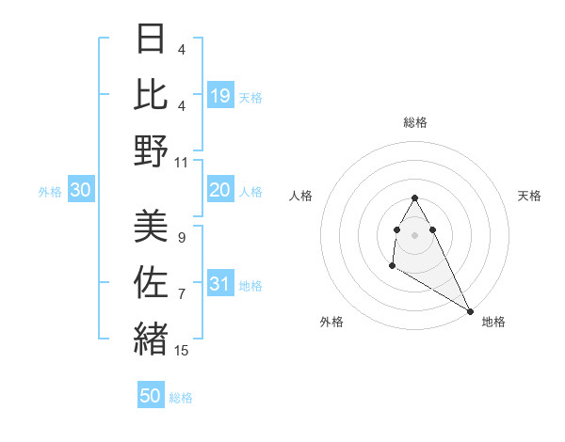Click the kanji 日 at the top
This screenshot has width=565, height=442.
point(151,40)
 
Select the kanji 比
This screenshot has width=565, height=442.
point(151,95)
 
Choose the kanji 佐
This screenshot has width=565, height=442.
point(151,281)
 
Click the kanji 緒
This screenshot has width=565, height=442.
point(151,337)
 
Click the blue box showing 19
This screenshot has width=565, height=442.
point(220,95)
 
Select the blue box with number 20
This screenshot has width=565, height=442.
point(220,191)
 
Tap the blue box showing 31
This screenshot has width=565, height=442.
point(220,285)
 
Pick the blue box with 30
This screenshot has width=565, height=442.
point(81,191)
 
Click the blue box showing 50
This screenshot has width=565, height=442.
point(151,396)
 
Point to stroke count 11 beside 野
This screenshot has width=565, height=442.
point(182,162)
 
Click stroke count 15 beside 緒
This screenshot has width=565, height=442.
point(182,351)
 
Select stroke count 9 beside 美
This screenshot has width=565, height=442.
point(181,238)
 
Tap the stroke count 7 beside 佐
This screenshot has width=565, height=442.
point(181,294)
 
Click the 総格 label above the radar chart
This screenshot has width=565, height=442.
point(415,122)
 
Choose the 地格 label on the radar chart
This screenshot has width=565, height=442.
point(493,322)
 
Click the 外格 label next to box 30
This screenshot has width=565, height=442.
point(50,192)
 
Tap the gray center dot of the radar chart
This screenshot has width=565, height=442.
point(415,233)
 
